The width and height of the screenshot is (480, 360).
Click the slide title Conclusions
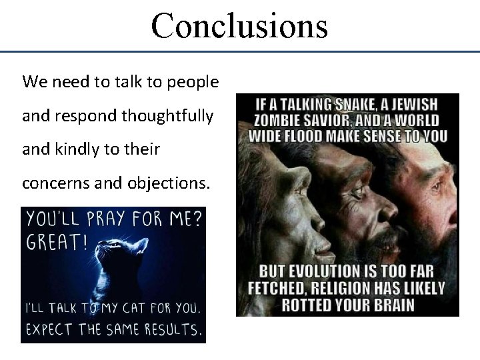pyautogui.click(x=239, y=25)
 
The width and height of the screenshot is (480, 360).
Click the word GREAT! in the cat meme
pyautogui.click(x=57, y=242)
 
